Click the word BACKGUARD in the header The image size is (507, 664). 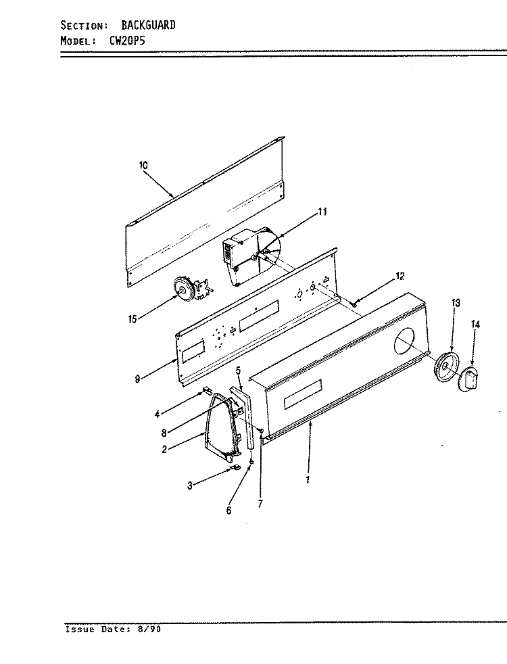click(x=148, y=26)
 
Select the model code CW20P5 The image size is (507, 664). click(x=124, y=41)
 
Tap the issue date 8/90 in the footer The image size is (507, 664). click(x=149, y=630)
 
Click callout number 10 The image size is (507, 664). click(x=143, y=165)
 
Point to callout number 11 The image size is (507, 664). click(x=322, y=212)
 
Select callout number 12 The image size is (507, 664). click(x=400, y=276)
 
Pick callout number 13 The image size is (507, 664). click(x=456, y=303)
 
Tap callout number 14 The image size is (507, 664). click(x=475, y=325)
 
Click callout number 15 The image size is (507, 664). click(x=132, y=319)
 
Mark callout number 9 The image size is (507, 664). click(x=137, y=379)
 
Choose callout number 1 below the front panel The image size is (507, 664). click(x=308, y=480)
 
